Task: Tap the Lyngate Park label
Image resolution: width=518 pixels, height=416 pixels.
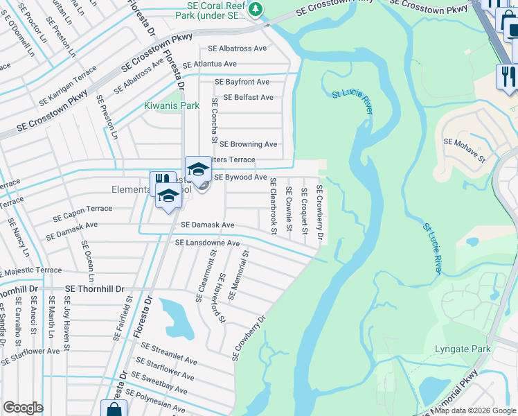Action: [x=463, y=349]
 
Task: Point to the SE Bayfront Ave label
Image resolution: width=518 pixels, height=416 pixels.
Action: [x=242, y=82]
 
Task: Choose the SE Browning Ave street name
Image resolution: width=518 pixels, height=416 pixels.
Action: [x=248, y=144]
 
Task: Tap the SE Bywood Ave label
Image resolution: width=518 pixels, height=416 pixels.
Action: [x=240, y=177]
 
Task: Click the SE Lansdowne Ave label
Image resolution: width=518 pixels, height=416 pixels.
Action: [x=207, y=243]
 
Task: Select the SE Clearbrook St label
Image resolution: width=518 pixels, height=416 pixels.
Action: [x=273, y=206]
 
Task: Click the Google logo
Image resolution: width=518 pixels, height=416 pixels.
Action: [x=23, y=408]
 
